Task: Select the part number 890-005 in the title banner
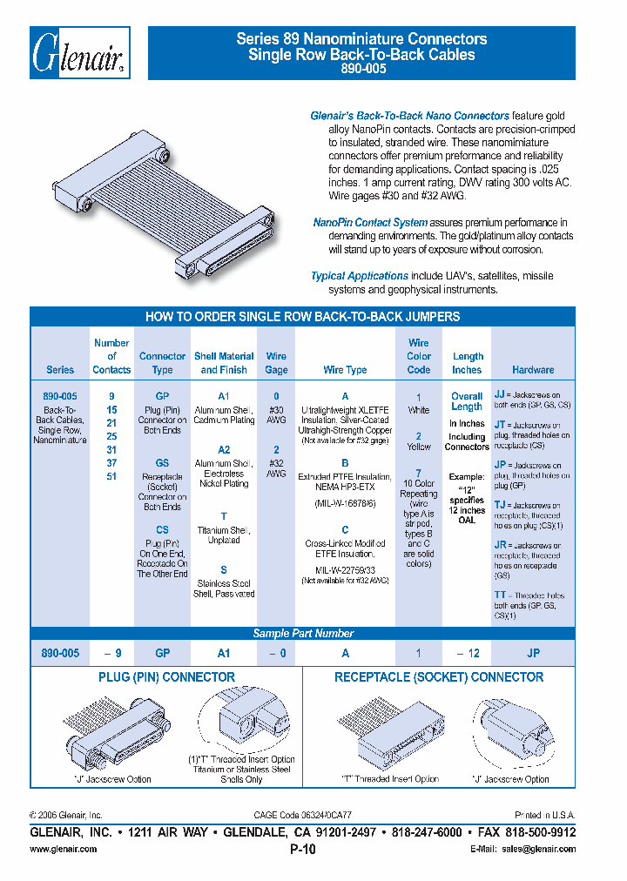pyautogui.click(x=361, y=69)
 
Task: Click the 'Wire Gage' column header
pyautogui.click(x=276, y=362)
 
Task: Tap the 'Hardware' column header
pyautogui.click(x=533, y=369)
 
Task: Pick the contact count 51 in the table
pyautogui.click(x=111, y=477)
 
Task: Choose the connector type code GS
pyautogui.click(x=162, y=463)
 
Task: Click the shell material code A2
pyautogui.click(x=224, y=449)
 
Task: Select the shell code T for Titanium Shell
pyautogui.click(x=224, y=516)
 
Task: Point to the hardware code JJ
pyautogui.click(x=500, y=393)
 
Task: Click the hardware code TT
pyautogui.click(x=500, y=595)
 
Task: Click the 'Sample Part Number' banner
pyautogui.click(x=303, y=634)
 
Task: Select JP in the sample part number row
pyautogui.click(x=533, y=653)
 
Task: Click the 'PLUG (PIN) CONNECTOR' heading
pyautogui.click(x=165, y=676)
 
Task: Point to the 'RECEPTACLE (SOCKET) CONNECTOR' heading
pyautogui.click(x=439, y=676)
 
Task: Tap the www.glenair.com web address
pyautogui.click(x=64, y=849)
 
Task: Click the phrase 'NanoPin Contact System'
pyautogui.click(x=370, y=223)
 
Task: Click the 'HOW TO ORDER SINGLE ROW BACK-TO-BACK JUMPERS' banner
pyautogui.click(x=303, y=317)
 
